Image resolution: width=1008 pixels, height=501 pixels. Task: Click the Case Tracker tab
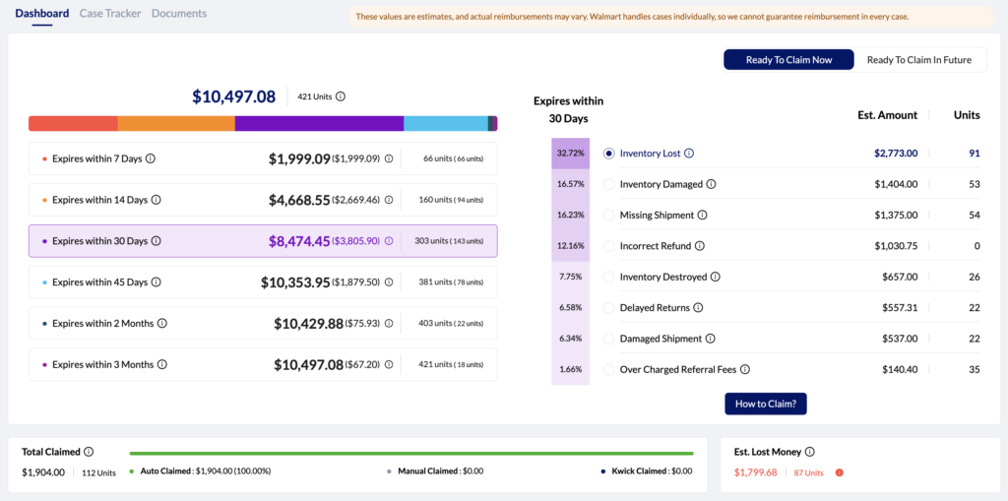110,14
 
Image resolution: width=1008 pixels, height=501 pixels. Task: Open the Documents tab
179,14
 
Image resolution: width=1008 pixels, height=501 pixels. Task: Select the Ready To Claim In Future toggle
918,60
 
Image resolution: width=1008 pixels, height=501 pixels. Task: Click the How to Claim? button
766,404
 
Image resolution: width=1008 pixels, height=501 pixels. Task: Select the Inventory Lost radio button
608,154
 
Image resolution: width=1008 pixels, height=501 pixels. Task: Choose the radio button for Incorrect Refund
608,246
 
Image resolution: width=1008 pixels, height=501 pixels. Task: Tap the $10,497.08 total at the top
233,96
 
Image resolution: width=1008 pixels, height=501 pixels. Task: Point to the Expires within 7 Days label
99,158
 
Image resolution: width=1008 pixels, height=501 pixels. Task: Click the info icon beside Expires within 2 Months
162,324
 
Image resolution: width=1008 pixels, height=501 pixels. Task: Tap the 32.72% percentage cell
570,154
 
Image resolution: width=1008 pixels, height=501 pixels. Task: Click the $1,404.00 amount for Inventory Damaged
896,184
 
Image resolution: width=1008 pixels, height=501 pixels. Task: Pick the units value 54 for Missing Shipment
974,215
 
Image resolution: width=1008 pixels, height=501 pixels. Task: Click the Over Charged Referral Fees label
677,370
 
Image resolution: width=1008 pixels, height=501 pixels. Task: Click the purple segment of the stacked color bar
319,123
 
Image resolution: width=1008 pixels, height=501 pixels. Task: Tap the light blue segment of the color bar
445,123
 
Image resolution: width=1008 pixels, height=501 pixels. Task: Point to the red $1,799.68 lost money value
755,472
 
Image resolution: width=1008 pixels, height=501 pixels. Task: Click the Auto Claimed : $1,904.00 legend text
205,471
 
